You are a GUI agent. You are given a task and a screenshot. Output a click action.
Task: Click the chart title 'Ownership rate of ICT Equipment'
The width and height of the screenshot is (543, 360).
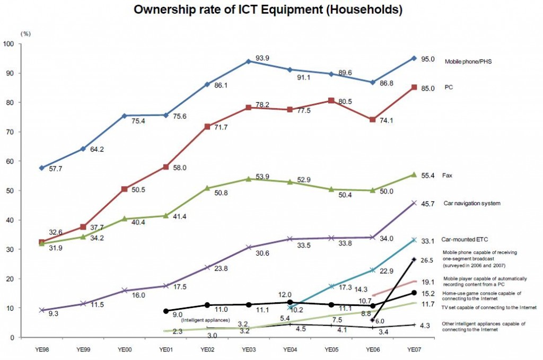267,10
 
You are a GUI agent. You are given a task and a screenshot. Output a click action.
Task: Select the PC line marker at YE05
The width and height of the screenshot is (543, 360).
332,101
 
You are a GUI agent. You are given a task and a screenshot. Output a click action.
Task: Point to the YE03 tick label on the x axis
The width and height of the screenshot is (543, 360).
248,350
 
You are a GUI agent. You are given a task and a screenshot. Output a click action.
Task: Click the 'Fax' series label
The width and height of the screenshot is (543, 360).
449,175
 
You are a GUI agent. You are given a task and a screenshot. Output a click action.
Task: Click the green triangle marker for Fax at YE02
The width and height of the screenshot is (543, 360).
207,188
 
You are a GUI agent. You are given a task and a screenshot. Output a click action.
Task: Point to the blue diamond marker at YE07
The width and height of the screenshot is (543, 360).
414,58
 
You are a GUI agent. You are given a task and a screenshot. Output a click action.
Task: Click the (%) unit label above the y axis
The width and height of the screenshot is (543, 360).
25,33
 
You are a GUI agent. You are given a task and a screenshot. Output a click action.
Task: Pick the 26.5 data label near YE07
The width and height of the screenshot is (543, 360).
428,260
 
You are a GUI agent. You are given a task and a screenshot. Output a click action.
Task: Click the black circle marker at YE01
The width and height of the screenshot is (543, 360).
166,311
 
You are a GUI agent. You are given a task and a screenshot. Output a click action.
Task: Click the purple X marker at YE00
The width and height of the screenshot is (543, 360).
125,290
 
